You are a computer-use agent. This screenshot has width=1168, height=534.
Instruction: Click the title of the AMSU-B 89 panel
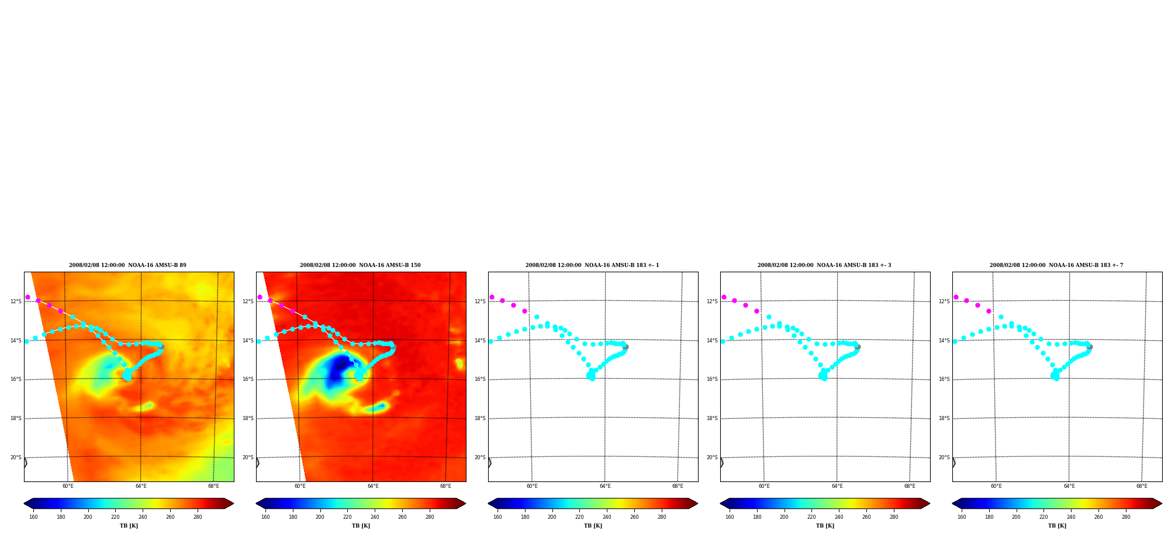127,265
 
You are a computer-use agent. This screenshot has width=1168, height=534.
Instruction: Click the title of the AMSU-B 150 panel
360,265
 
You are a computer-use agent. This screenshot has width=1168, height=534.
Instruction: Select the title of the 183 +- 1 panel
592,265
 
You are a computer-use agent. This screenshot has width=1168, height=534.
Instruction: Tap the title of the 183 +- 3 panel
824,265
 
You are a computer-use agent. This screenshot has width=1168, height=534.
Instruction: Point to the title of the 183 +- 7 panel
1056,265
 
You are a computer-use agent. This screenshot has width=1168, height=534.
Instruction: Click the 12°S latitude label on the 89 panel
16,301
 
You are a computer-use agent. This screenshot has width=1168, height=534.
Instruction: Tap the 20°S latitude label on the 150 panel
248,457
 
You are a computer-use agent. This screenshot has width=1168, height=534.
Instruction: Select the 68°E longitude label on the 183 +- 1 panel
678,486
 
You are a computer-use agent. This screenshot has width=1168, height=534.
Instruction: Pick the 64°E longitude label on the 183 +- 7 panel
1069,486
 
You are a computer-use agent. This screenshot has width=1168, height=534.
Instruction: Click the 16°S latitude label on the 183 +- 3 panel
712,379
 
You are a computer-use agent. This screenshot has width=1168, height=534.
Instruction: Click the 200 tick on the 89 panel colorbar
88,517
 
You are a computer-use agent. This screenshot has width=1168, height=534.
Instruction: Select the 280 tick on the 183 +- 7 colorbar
1126,517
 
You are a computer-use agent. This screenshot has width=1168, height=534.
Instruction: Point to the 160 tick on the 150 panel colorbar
265,517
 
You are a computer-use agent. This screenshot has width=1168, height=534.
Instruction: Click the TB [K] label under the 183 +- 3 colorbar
825,526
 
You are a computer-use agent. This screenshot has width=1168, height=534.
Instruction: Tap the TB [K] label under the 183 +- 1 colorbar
593,526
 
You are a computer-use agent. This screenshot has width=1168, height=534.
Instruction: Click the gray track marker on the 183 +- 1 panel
626,347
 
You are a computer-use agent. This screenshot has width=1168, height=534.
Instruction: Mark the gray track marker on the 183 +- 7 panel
1090,347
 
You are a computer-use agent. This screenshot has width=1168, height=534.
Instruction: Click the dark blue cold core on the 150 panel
337,368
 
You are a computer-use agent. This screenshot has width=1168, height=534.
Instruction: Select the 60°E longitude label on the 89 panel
68,486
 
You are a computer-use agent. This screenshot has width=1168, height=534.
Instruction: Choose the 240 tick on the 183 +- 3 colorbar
839,517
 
